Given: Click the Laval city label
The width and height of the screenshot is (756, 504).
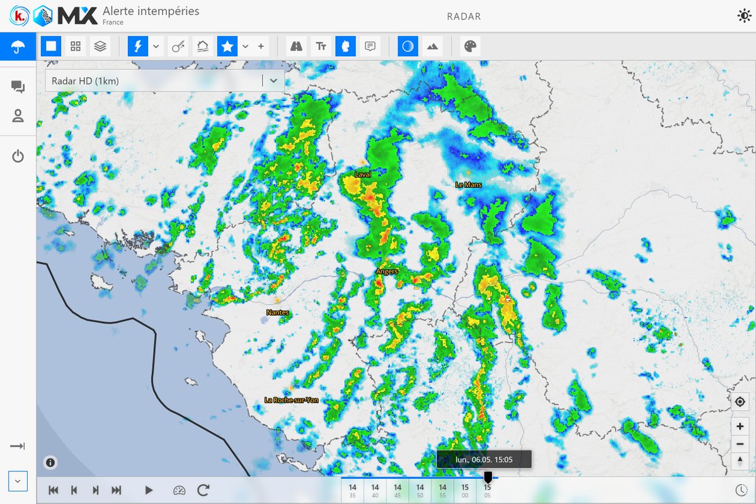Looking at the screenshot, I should [363, 174].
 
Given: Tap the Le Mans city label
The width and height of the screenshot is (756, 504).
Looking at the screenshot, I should [468, 185].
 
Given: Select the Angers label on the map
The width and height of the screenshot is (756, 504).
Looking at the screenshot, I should [387, 271].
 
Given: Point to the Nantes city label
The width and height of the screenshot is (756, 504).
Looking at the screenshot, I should [278, 312].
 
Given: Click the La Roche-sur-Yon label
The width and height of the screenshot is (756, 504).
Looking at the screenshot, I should [292, 400].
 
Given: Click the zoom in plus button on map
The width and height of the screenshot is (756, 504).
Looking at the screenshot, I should [740, 427].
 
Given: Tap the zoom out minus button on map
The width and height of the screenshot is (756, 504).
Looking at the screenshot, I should [740, 444].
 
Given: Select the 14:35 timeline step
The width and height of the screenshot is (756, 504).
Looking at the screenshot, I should [352, 490].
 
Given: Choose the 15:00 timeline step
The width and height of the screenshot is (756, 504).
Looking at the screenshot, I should [465, 490].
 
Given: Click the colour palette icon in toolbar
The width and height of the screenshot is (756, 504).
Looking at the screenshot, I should [470, 46].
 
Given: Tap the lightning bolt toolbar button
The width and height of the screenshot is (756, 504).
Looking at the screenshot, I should [138, 46].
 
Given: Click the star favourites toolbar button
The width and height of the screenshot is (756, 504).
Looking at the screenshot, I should [227, 46].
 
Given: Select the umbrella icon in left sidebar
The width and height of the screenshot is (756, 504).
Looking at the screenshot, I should [18, 47].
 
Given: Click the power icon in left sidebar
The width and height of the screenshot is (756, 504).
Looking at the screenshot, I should [18, 156].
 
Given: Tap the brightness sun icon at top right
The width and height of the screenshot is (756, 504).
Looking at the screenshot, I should [743, 16].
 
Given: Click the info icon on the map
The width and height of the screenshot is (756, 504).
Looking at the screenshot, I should [50, 462].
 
